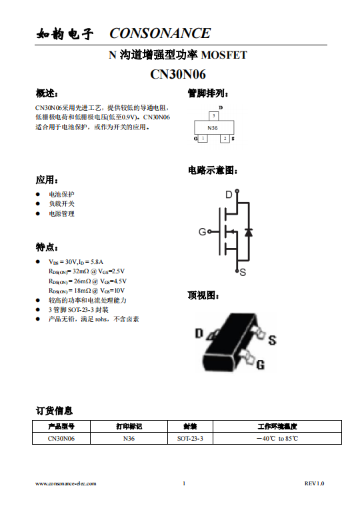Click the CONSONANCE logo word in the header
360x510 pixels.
(160, 33)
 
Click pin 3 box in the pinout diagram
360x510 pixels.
(213, 116)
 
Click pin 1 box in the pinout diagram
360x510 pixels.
(203, 139)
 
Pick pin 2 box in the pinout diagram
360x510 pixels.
(225, 139)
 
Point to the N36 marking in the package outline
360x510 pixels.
(213, 127)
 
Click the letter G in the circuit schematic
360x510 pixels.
(202, 232)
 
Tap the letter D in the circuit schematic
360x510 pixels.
(228, 195)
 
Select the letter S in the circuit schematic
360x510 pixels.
(243, 272)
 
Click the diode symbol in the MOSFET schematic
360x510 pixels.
(248, 232)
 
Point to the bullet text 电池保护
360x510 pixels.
(61, 194)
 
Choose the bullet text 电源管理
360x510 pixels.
(61, 214)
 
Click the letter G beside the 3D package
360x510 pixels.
(260, 365)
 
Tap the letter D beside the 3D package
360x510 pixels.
(199, 333)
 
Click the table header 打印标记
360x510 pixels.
(129, 427)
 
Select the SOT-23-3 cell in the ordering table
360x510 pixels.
(190, 439)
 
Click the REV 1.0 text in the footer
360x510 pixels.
(314, 483)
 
